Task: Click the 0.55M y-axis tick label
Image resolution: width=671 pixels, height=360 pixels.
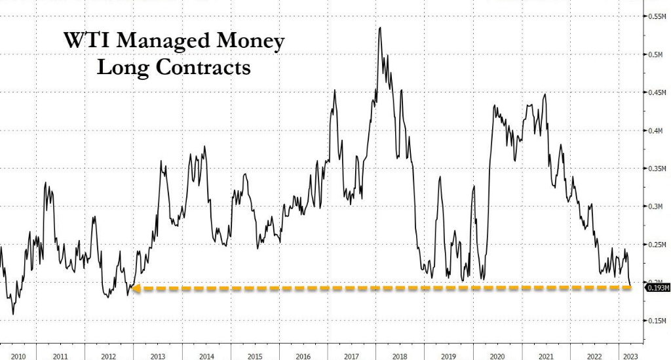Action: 656,16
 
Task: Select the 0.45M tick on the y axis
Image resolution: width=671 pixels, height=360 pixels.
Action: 656,92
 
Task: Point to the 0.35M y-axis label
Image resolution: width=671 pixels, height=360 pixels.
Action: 656,169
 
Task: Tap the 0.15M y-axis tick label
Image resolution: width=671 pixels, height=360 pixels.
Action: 656,321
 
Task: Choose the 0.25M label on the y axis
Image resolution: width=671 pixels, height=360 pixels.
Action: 656,245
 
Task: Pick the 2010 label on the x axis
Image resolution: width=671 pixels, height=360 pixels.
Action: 17,355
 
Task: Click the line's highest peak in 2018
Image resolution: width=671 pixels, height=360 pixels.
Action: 381,28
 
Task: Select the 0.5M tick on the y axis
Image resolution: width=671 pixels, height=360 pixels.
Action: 656,54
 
